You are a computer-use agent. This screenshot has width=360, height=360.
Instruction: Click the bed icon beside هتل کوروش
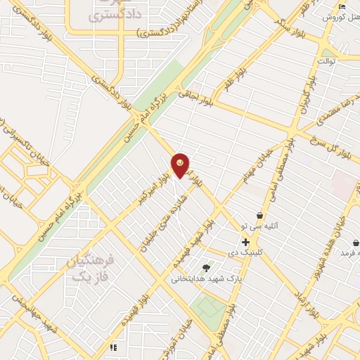(342, 6)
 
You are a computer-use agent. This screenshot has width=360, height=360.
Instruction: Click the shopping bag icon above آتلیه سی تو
(260, 216)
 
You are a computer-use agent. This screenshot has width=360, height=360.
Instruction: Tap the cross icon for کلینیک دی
(245, 242)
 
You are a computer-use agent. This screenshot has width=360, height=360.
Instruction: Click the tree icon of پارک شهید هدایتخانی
(206, 267)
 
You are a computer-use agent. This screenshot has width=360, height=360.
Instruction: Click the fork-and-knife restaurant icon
(112, 347)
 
